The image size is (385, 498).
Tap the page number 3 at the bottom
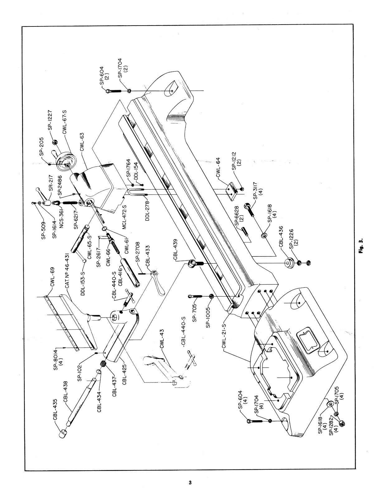point(190,483)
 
